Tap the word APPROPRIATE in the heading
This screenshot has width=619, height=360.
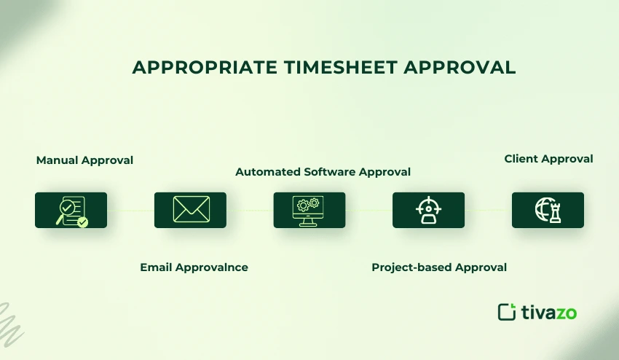point(205,68)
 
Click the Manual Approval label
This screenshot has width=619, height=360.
point(84,160)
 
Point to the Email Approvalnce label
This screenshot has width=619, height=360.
point(194,267)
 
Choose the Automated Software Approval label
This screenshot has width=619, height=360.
point(323,172)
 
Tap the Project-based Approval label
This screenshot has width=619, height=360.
point(439,267)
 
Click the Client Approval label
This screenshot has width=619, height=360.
point(548,158)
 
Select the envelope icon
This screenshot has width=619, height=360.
point(190,210)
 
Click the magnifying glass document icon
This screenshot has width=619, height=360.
point(71,210)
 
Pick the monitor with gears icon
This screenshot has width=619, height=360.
point(309,210)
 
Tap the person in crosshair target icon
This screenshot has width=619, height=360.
point(428,210)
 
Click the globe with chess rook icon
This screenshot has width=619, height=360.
point(548,210)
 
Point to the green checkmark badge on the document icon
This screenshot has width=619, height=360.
point(82,222)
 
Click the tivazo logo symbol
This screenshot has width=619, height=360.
point(507,312)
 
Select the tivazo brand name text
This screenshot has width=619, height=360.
point(548,313)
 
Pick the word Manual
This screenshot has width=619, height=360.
point(57,160)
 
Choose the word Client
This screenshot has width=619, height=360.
point(521,158)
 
